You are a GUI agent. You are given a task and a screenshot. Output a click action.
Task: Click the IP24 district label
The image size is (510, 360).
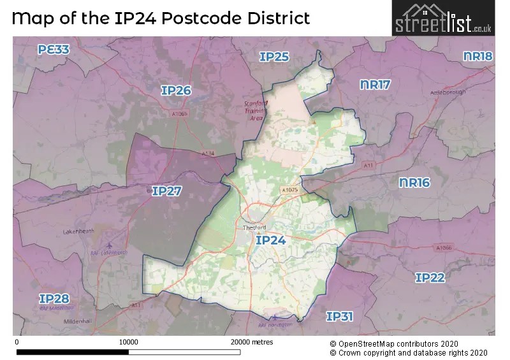pos(270,240)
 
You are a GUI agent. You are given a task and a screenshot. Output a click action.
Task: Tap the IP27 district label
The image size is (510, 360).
pos(168,191)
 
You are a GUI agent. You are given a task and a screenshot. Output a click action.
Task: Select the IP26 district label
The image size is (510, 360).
pos(176,91)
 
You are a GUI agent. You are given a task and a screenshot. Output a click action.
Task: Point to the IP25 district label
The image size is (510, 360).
pos(274,57)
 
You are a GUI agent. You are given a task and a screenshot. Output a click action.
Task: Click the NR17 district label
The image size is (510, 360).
pos(375,85)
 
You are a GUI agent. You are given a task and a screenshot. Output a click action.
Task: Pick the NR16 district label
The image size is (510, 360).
pos(414,183)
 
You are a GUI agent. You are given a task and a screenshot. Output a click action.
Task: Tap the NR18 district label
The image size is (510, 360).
pos(477,57)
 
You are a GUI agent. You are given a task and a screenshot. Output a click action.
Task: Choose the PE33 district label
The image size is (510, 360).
pos(54,49)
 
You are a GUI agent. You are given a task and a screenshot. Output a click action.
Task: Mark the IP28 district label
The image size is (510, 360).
pos(54,298)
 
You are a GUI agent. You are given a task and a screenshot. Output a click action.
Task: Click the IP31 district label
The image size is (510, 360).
pos(340,316)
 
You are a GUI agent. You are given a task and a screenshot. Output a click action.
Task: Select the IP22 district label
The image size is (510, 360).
pos(430,278)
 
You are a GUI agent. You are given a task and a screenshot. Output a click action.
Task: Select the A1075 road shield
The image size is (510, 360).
pos(289,189)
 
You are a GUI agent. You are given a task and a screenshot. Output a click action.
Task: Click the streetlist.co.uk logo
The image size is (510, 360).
pos(442,19)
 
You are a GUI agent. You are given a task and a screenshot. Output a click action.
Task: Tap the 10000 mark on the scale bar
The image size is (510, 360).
pos(129,342)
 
